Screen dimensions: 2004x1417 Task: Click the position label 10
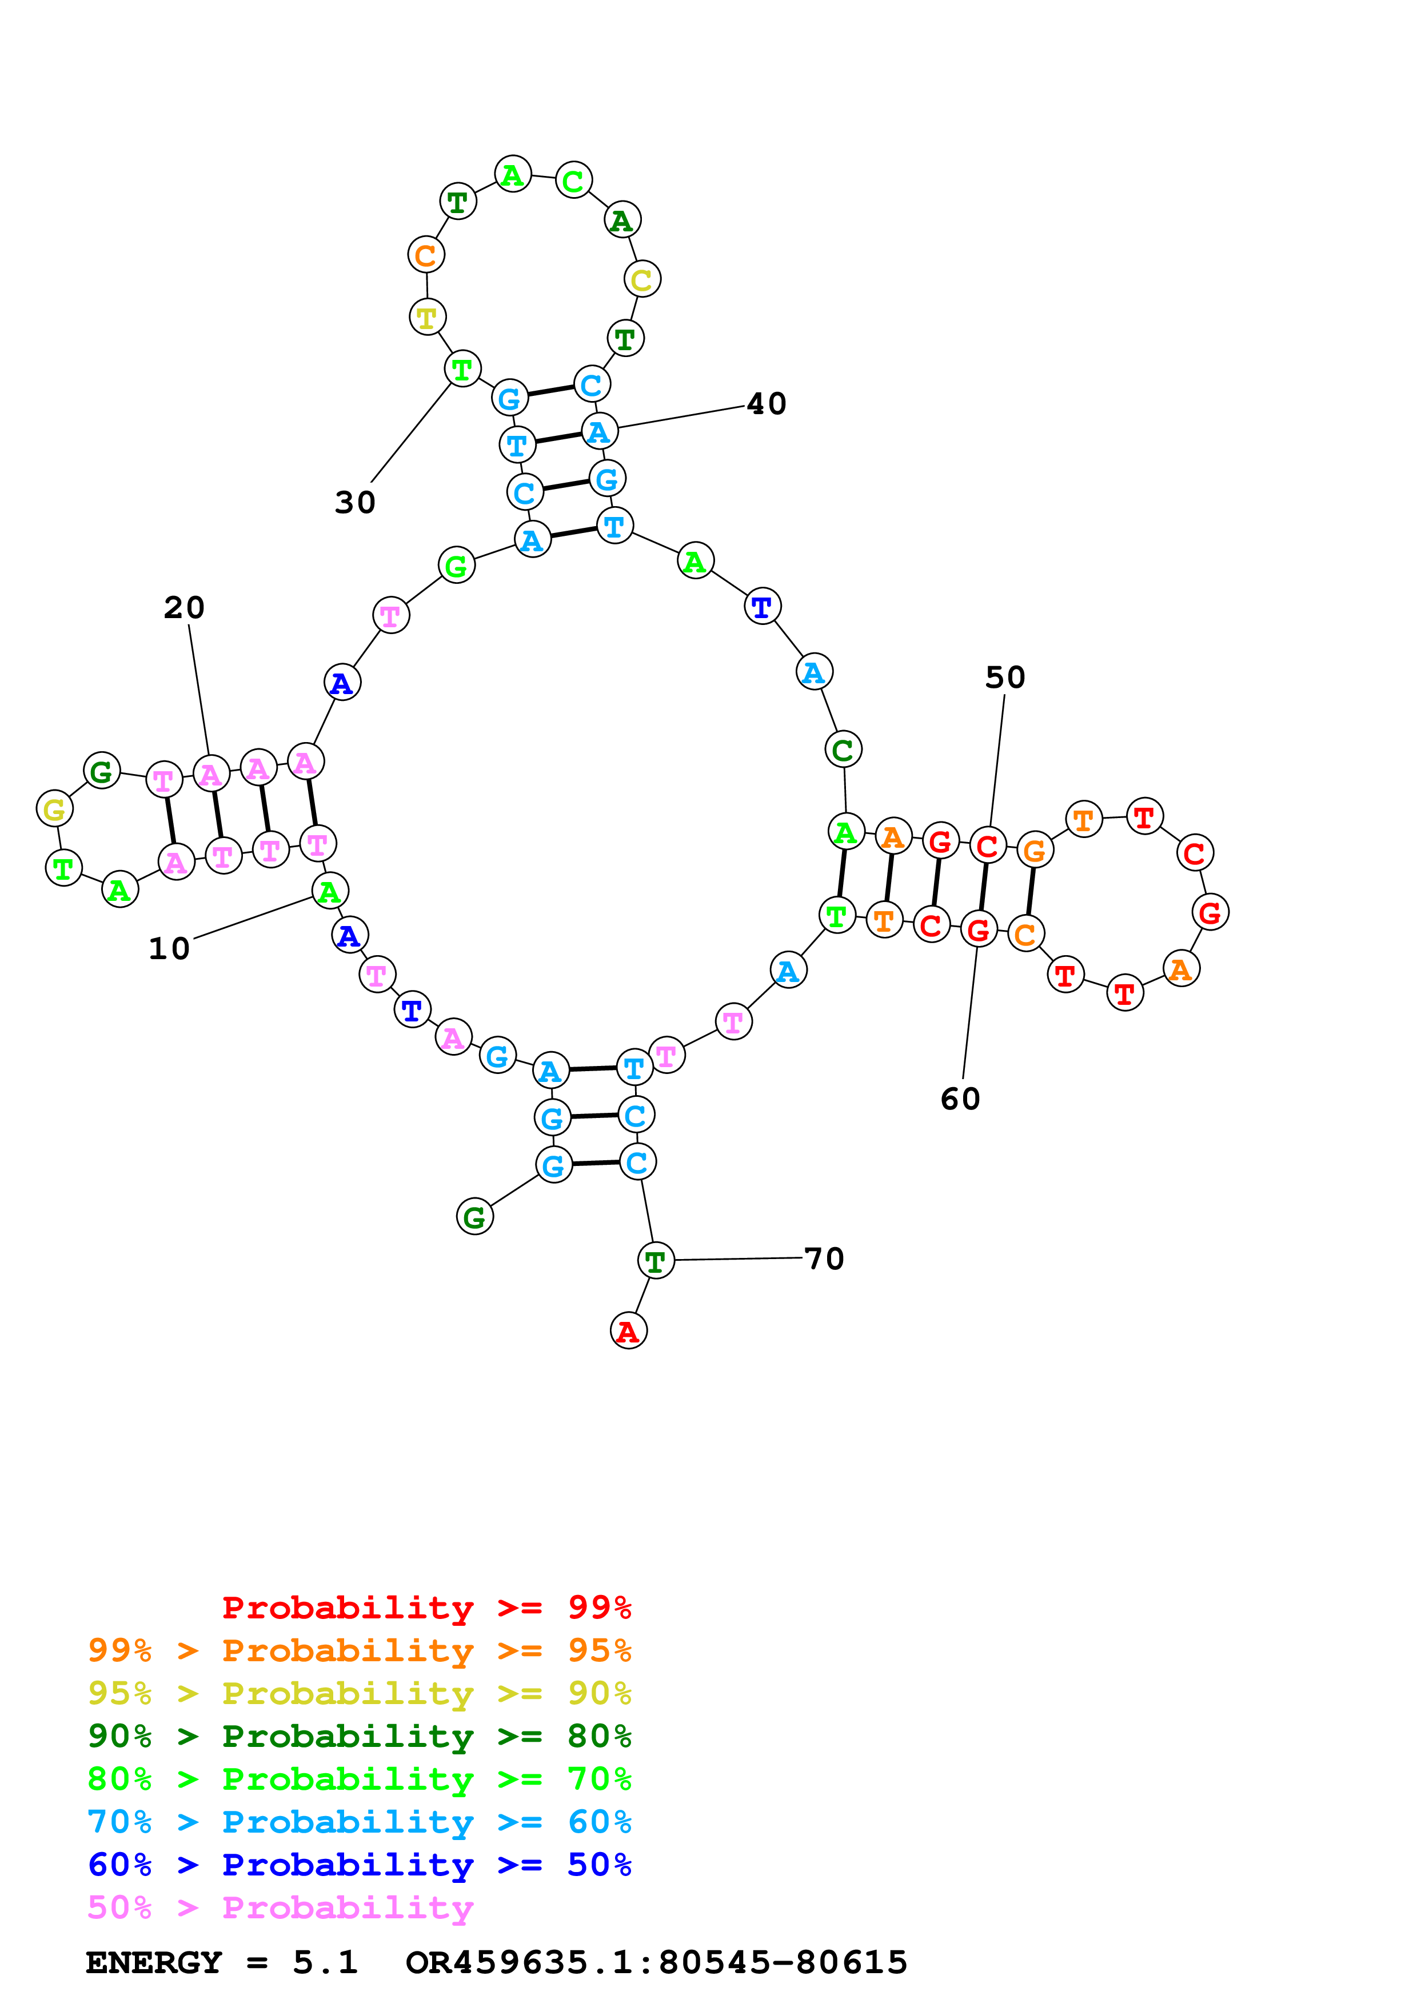tap(169, 949)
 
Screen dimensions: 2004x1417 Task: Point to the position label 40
tap(767, 404)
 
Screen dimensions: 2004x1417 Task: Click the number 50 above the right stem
tap(1005, 678)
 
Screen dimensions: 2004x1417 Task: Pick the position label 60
tap(960, 1099)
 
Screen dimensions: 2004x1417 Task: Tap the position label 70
tap(824, 1258)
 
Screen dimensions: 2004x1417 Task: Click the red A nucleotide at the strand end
tap(629, 1331)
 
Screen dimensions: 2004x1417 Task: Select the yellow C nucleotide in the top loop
tap(642, 279)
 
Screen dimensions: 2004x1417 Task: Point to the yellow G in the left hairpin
tap(54, 809)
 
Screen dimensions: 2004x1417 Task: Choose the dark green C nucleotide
tap(843, 749)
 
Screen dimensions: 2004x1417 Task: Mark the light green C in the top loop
tap(574, 181)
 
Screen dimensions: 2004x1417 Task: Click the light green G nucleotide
tap(456, 566)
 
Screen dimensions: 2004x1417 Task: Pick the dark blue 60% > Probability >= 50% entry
tap(359, 1865)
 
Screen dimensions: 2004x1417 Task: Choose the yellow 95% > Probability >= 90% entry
tap(359, 1693)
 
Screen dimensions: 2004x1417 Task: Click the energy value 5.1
tap(325, 1962)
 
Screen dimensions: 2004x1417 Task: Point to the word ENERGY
tap(154, 1962)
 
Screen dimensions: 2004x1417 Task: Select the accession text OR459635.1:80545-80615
tap(657, 1962)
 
